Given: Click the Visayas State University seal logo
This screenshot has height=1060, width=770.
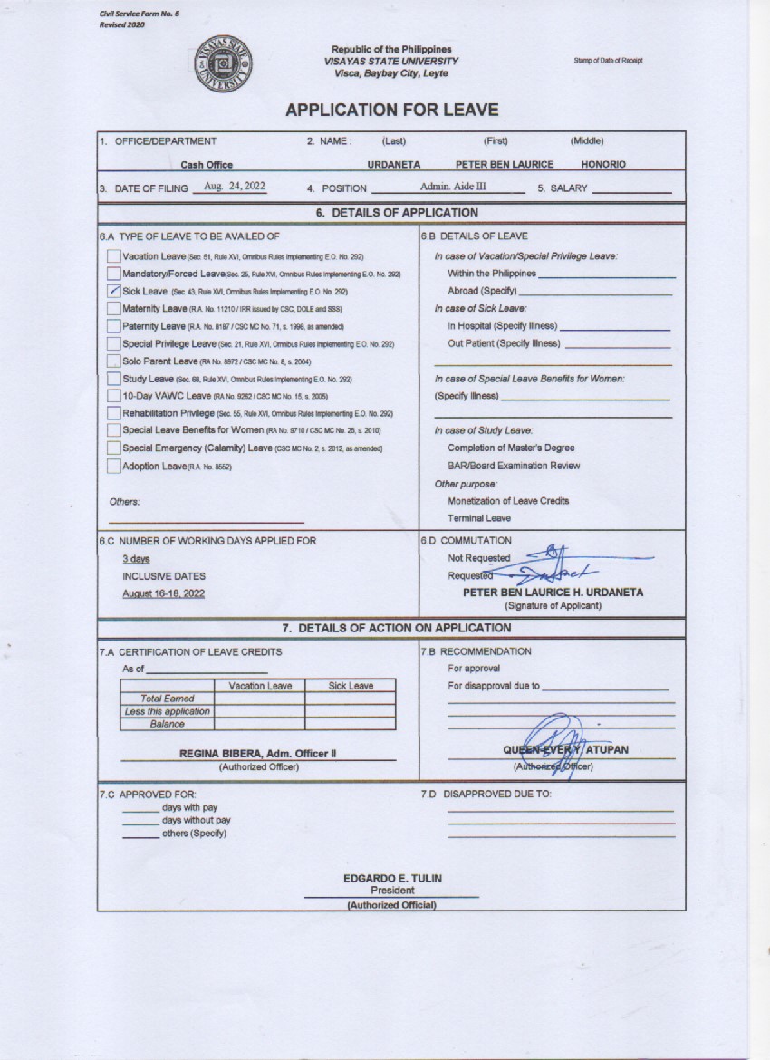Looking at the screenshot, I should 223,64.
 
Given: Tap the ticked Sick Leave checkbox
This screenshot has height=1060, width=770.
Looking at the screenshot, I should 113,291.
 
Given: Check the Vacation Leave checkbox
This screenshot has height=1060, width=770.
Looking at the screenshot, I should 113,256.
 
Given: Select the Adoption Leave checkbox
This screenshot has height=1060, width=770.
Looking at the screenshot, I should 113,466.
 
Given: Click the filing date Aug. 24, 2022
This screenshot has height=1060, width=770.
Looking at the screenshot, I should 235,186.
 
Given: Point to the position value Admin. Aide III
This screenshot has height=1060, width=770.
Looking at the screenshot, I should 453,186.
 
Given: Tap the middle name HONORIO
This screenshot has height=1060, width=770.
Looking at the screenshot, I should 602,165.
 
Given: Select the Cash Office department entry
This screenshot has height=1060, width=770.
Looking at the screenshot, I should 207,165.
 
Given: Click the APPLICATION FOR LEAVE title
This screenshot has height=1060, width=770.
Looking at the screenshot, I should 391,111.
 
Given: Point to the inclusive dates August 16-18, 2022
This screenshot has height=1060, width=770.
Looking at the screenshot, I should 164,593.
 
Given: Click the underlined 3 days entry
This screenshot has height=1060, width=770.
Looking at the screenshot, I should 136,559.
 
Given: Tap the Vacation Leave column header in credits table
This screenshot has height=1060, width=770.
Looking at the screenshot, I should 260,686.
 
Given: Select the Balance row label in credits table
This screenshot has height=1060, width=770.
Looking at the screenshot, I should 168,724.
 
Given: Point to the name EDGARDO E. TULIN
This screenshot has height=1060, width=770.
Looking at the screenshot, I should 392,879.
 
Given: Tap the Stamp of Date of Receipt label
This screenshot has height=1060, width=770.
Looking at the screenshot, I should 608,61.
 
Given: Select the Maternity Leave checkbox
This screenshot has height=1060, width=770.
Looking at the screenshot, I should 113,308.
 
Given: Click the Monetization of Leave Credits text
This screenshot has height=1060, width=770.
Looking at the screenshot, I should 508,501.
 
